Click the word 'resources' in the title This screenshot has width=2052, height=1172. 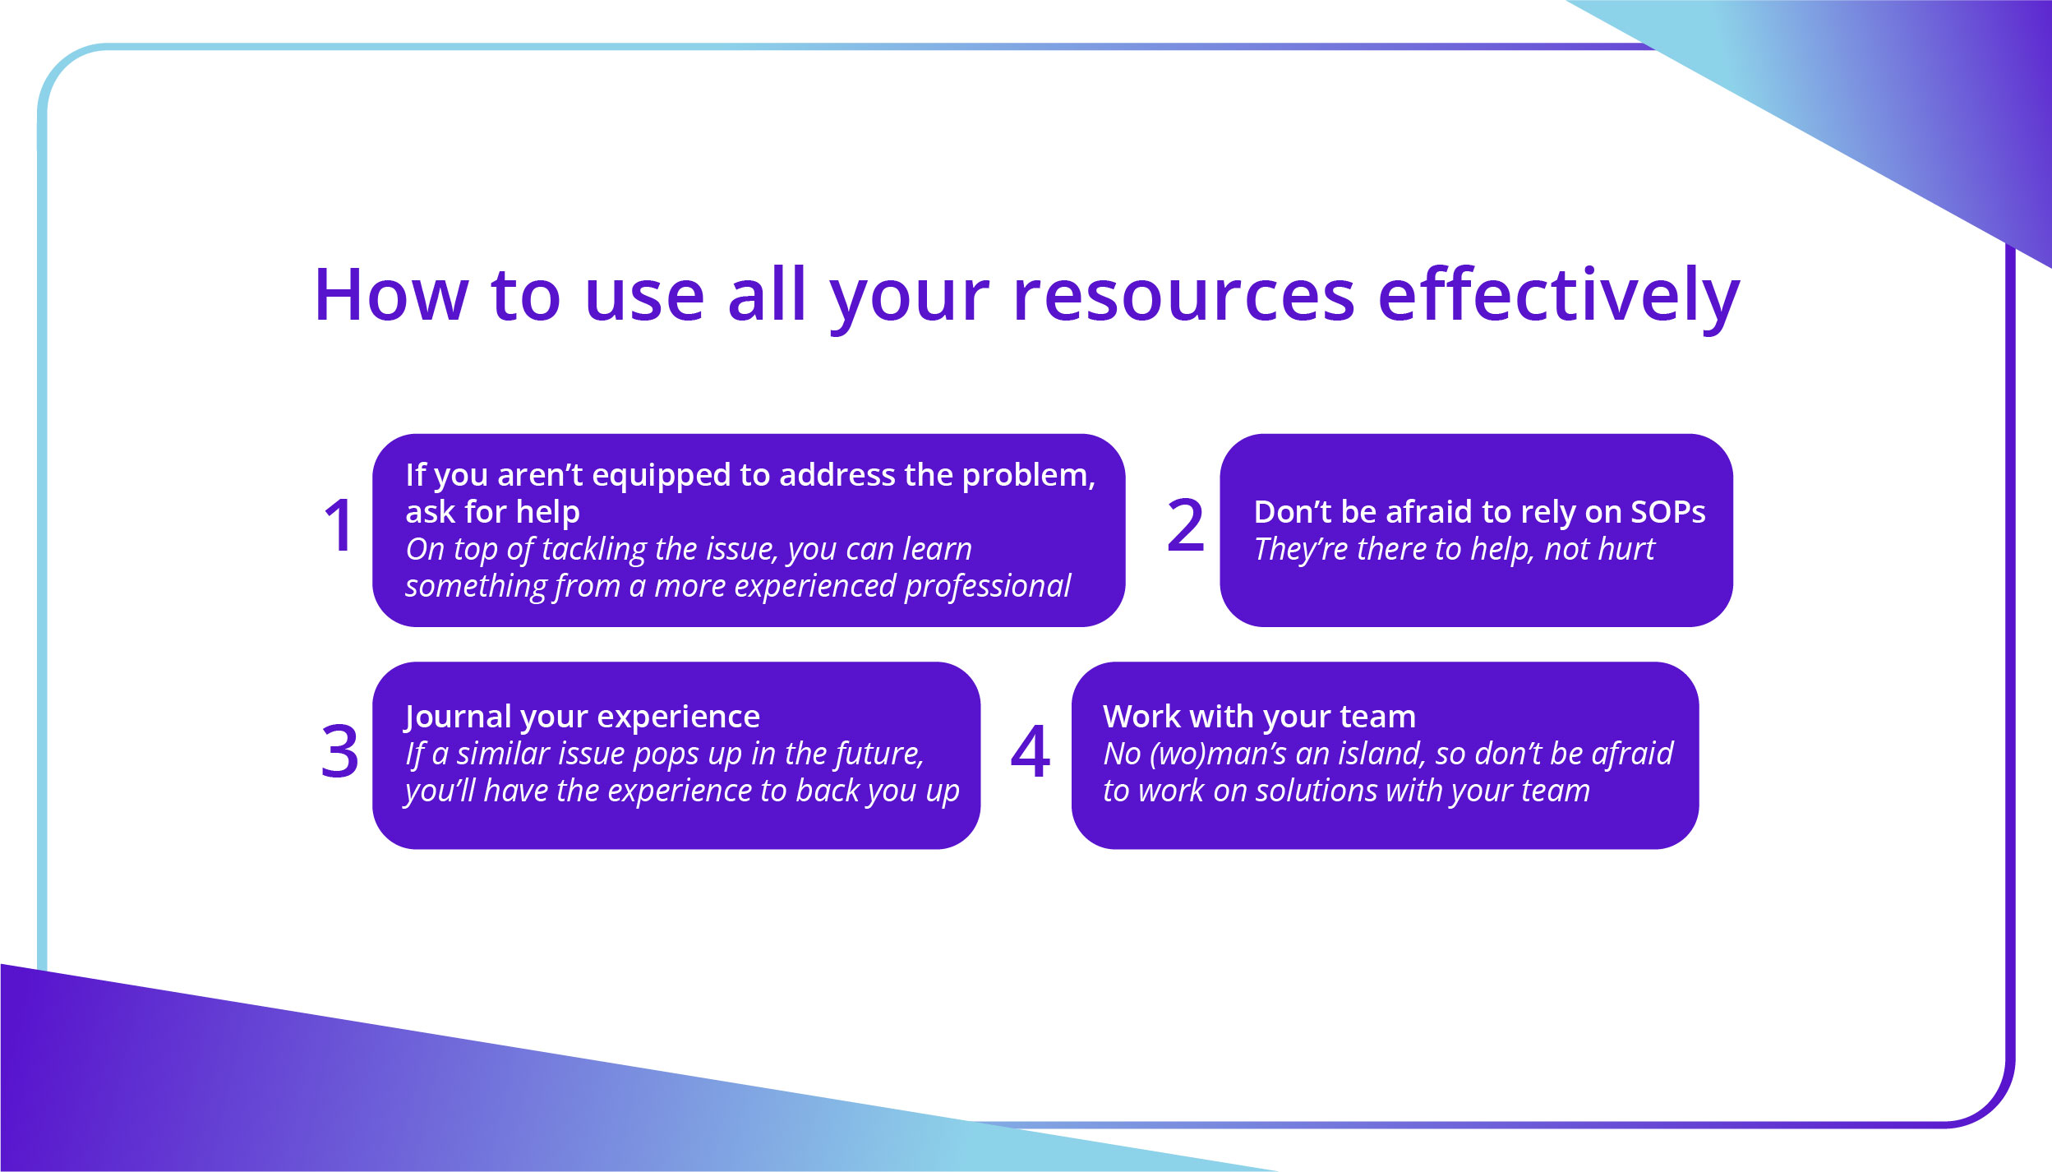(1183, 296)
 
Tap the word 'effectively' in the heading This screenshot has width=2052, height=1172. (1558, 296)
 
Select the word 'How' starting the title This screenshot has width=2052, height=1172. (390, 296)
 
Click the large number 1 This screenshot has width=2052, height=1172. (339, 526)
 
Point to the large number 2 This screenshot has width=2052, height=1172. (1185, 526)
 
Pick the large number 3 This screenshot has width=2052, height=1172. (339, 751)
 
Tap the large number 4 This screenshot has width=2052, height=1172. (1030, 751)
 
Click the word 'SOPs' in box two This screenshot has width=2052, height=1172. (1667, 512)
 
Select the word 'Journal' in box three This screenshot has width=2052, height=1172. (457, 718)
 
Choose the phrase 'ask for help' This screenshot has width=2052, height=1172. (492, 512)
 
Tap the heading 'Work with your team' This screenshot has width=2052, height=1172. (1259, 717)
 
